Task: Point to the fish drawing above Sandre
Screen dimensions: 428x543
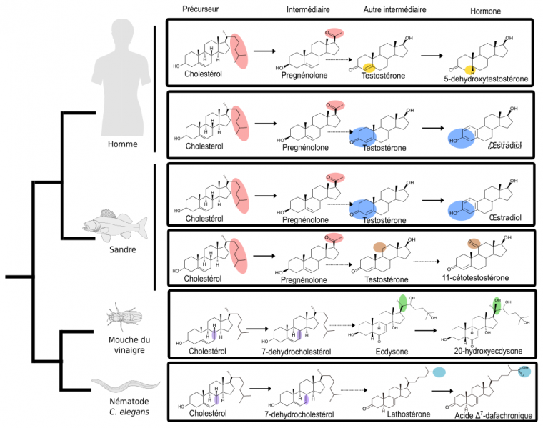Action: coord(114,222)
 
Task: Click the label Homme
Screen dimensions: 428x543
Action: coord(121,144)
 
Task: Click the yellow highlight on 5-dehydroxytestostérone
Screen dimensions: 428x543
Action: coord(472,69)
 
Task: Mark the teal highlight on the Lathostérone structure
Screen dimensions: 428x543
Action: coord(439,372)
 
